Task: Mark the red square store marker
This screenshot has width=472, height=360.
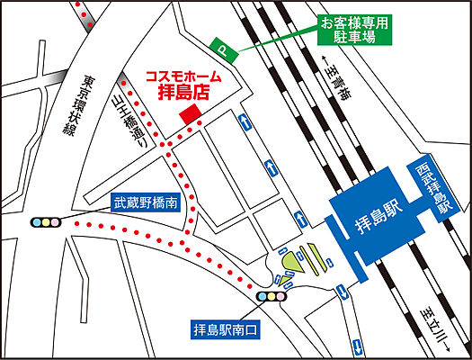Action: tap(190, 114)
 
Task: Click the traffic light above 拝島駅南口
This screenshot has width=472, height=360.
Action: tap(272, 295)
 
